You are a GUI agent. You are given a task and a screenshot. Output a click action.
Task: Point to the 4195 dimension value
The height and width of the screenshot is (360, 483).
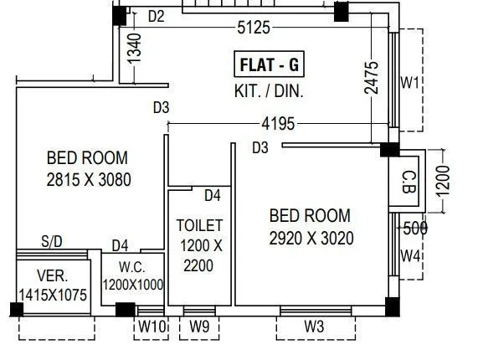coord(278,124)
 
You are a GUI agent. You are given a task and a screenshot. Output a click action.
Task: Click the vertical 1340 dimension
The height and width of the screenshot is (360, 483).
coord(135,55)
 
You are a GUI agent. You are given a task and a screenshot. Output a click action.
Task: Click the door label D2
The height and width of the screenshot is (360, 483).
coord(156,16)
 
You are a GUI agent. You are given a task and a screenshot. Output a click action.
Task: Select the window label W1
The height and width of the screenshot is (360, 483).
coord(409,83)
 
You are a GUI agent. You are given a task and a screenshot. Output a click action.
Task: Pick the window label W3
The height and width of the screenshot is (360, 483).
coord(314,327)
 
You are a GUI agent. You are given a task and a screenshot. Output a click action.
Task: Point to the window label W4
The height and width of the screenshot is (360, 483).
coord(409,255)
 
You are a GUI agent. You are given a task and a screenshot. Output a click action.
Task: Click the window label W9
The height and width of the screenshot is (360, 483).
coord(199,327)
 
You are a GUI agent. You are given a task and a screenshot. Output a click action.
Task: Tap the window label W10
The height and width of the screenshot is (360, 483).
coord(152,327)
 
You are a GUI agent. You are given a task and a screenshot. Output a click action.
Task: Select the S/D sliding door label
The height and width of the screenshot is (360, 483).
coord(52,241)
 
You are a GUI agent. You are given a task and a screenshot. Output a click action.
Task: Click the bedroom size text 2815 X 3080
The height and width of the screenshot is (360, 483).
coord(88,178)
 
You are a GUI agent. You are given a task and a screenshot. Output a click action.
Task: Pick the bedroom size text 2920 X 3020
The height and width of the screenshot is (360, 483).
coord(311,238)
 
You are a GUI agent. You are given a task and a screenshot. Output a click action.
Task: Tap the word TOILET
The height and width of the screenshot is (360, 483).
coord(199,225)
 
